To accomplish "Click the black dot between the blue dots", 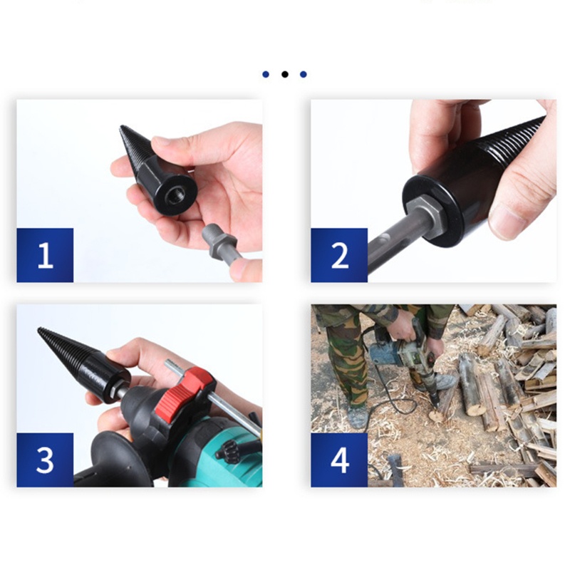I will [x=284, y=74].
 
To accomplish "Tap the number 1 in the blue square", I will [x=45, y=255].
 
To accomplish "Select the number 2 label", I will [x=340, y=255].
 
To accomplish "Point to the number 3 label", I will [x=45, y=460].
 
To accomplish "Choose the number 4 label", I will [x=340, y=460].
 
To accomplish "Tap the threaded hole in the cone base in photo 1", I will [x=174, y=195].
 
